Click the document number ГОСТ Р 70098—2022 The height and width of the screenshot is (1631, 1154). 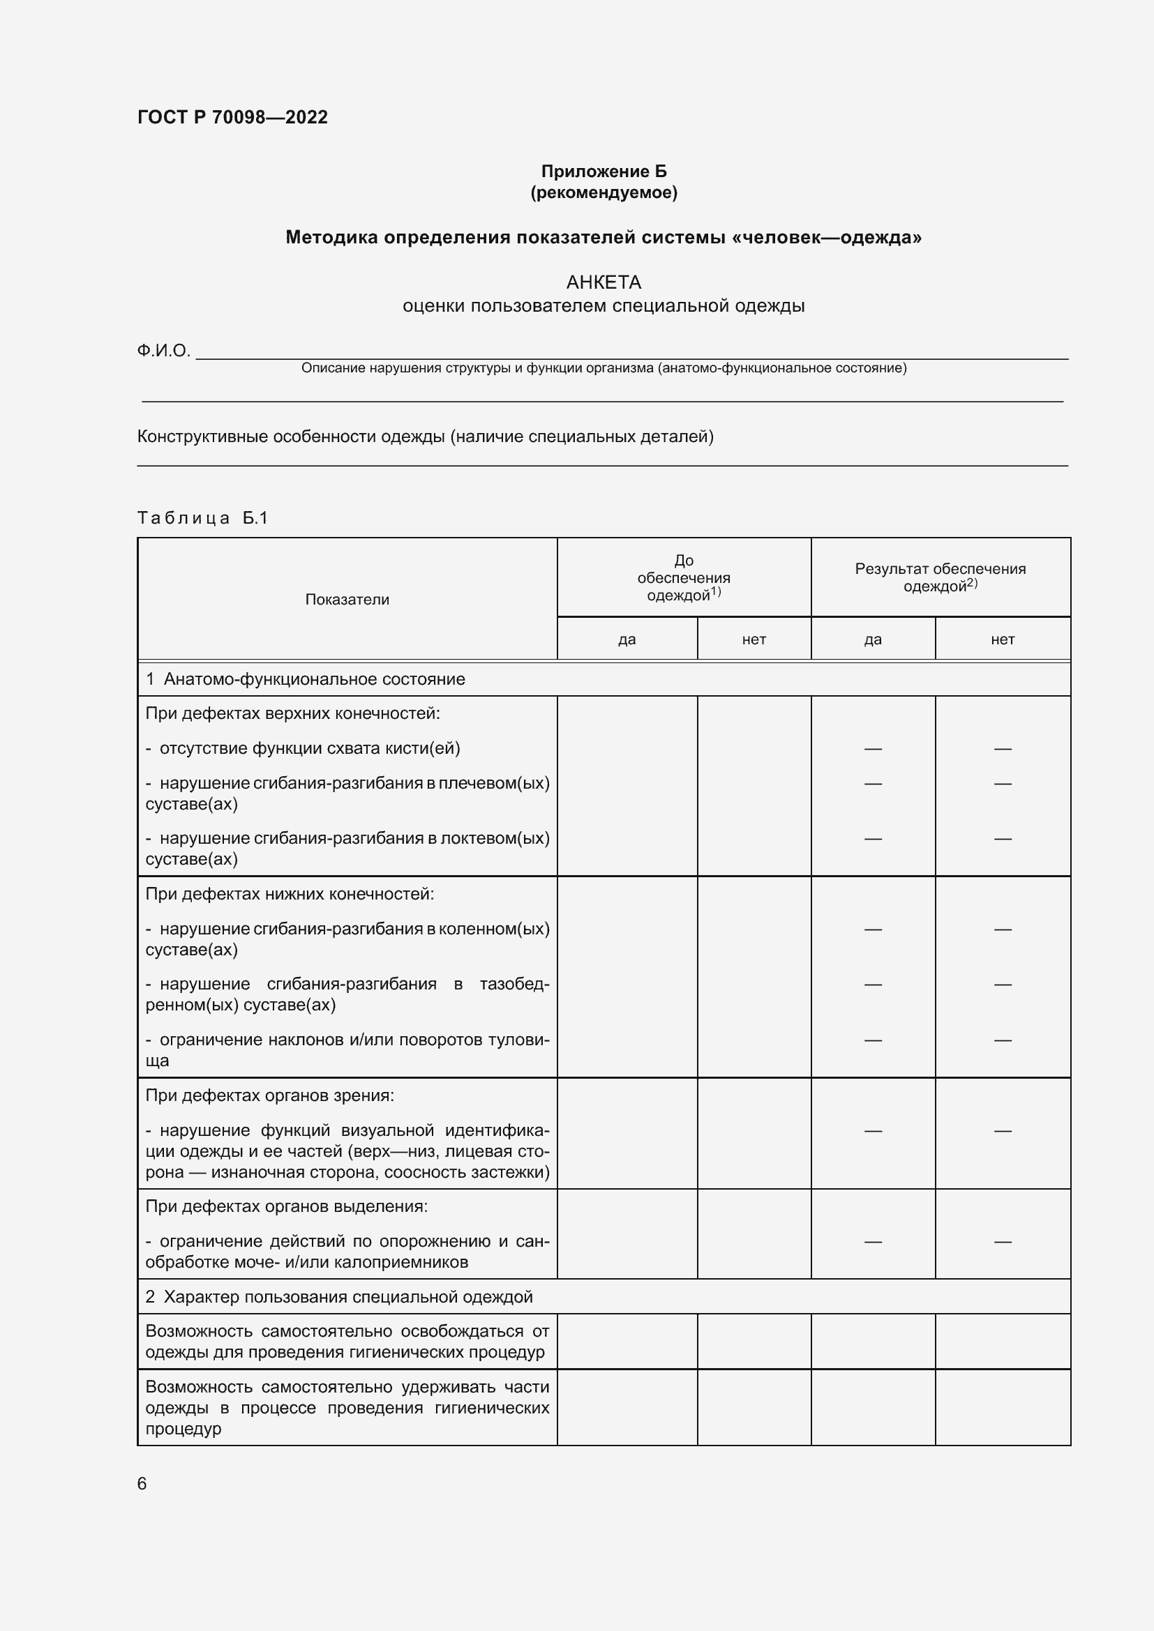coord(232,117)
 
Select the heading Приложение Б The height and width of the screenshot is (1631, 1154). coord(604,172)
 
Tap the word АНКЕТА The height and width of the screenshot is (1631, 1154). coord(604,282)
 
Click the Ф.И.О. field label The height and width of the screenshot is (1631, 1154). coord(163,351)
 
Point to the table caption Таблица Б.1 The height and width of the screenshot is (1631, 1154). coord(202,518)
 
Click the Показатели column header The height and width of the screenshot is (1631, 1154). coord(347,600)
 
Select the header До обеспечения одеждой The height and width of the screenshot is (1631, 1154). coord(683,578)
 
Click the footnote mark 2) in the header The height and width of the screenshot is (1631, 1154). coord(972,583)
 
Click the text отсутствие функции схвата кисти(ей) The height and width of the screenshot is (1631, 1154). coord(309,748)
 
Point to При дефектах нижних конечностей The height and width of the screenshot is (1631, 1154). coord(290,894)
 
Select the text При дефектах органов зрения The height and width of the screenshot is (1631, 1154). coord(269,1095)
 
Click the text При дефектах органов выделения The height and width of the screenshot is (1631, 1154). coord(286,1206)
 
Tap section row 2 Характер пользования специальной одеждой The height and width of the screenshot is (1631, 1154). coord(339,1297)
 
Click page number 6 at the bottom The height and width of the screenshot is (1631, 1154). coord(142,1484)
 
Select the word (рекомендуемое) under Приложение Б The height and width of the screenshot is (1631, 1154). coord(604,192)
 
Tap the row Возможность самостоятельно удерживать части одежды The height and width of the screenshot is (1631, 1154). coord(347,1407)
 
